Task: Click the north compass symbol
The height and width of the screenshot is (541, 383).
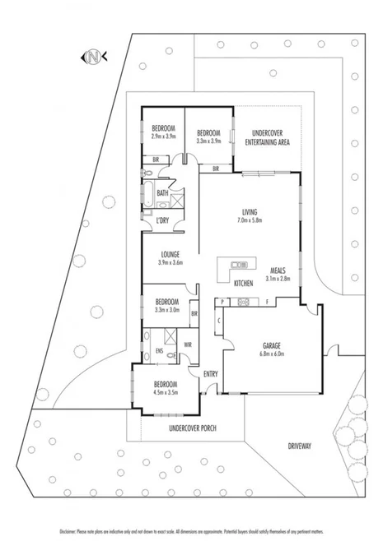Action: point(93,57)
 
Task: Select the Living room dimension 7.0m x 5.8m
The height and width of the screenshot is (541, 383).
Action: point(243,220)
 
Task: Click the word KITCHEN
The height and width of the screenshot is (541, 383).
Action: point(243,284)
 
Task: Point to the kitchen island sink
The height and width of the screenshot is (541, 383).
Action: point(240,265)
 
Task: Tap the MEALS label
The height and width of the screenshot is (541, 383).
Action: point(278,270)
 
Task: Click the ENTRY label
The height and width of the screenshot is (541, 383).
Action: point(211,375)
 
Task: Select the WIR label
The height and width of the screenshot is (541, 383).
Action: point(188,344)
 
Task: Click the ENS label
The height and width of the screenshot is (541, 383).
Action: point(159,351)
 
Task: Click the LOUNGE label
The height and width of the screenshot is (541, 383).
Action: point(170,255)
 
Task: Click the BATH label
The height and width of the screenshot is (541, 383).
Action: point(163,193)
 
